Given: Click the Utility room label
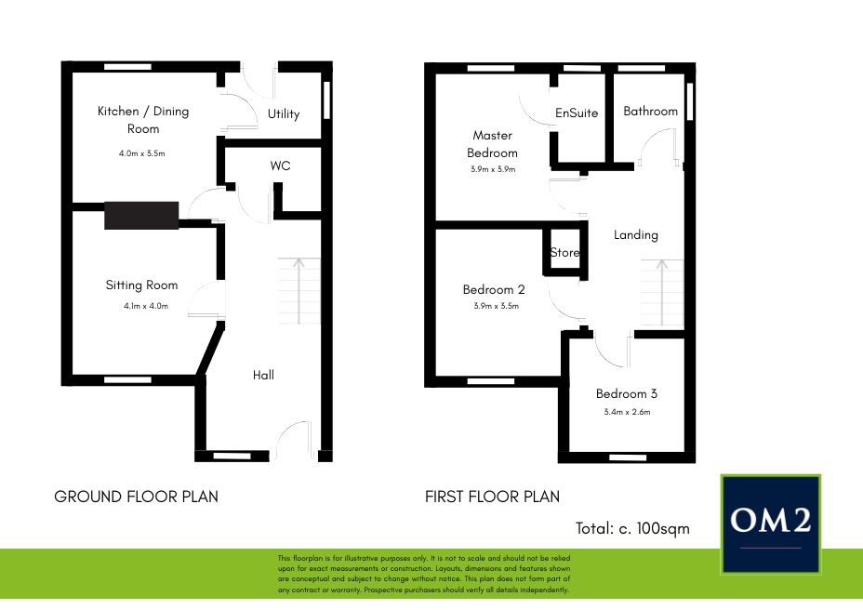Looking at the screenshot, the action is click(284, 114).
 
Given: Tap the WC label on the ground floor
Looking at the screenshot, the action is click(280, 166).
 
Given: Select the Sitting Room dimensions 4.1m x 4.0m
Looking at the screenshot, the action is click(146, 306).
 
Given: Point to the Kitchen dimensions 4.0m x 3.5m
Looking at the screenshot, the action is click(142, 153).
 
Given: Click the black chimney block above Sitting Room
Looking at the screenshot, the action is click(141, 215).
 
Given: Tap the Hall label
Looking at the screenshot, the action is click(263, 375).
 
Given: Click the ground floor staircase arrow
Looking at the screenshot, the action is click(299, 291).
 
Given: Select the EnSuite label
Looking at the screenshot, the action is click(577, 113).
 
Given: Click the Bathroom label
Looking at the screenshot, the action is click(651, 112).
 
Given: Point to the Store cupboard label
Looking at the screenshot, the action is click(564, 253).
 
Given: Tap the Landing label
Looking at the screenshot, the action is click(636, 235).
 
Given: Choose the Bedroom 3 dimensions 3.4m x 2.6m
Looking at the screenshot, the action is click(627, 412).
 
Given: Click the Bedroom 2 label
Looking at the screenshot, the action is click(494, 289).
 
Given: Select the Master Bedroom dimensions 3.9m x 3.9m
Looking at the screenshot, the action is click(493, 169).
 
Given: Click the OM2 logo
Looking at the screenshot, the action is click(771, 524).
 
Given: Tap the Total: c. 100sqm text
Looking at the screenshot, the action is click(632, 528).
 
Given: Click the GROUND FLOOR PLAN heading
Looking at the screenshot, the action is click(136, 497).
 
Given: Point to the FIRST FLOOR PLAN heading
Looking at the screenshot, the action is click(492, 497).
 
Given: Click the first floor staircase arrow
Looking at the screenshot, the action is click(662, 292).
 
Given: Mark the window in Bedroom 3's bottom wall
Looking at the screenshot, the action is click(628, 457).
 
